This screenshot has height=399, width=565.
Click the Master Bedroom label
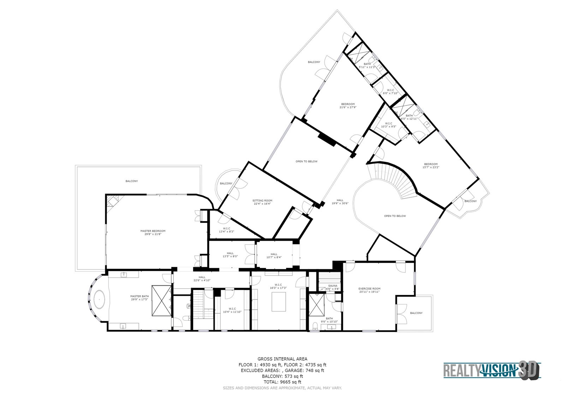click(153, 232)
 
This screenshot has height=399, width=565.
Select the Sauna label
click(333, 285)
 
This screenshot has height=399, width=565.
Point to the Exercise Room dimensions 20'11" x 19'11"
click(369, 292)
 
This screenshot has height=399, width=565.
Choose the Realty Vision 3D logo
click(492, 370)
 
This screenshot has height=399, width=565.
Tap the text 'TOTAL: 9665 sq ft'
click(282, 382)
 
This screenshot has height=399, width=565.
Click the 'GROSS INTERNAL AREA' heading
click(282, 359)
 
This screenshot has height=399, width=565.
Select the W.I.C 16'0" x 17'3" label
click(278, 286)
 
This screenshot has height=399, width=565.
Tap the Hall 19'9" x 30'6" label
click(340, 202)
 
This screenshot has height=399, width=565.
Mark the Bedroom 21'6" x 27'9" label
click(348, 105)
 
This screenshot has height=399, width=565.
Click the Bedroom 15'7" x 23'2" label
click(431, 165)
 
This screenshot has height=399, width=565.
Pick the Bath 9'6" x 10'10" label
click(329, 320)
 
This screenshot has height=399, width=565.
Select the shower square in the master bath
click(161, 301)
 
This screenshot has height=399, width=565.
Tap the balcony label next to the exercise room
click(416, 313)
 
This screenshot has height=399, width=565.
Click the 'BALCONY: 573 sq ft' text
click(282, 376)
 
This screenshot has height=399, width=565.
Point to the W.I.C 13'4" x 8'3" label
click(226, 230)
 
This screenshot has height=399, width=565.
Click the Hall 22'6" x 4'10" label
click(202, 278)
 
